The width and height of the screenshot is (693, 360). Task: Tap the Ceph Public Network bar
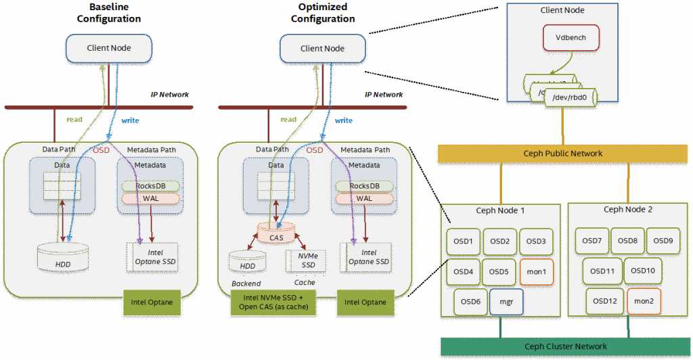[562, 154]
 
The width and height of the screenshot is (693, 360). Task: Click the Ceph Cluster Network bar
[566, 346]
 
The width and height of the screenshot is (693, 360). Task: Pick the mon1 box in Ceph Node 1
[536, 271]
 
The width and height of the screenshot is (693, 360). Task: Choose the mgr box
[506, 301]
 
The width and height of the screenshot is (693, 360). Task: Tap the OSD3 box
[536, 242]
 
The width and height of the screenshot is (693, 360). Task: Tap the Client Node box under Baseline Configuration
[109, 47]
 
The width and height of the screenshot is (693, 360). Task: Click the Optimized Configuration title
[323, 13]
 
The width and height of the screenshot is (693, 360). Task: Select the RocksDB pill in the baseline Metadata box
[150, 186]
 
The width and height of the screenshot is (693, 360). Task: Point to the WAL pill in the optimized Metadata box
[364, 198]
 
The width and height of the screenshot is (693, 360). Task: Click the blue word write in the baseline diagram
[130, 120]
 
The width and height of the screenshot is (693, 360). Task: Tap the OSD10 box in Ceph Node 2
[643, 271]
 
